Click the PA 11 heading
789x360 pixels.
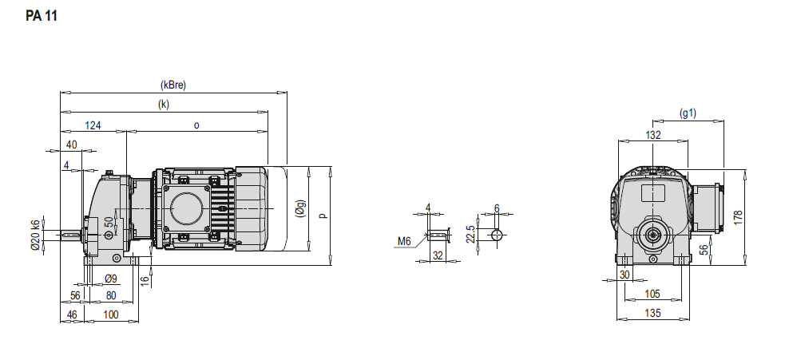click(42, 16)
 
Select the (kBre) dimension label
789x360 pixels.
click(173, 85)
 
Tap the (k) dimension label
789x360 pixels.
click(164, 105)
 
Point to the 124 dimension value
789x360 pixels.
click(93, 125)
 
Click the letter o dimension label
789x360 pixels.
click(196, 125)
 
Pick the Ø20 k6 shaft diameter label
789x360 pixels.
click(35, 235)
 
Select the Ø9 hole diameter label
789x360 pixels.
click(111, 278)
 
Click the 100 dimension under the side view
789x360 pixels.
click(111, 315)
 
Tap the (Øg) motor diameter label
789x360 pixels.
click(300, 208)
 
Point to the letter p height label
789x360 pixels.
click(323, 216)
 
